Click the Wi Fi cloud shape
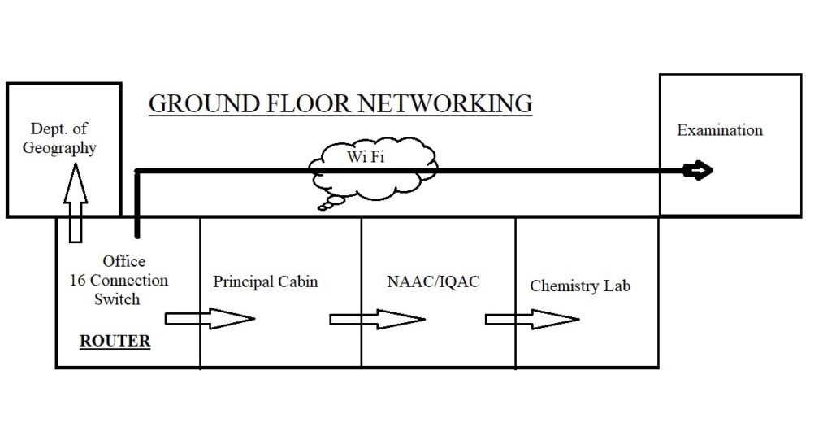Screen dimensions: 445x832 click(374, 171)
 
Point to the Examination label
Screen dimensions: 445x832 click(720, 130)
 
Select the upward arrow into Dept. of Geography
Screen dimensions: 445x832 click(75, 199)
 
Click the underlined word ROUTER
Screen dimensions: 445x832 click(115, 341)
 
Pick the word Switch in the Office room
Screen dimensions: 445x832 click(116, 299)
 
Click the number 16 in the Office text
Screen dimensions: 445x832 click(79, 280)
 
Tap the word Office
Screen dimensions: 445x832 click(124, 261)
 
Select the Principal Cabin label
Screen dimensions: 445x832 click(266, 281)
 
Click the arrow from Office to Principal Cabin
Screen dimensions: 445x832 click(210, 318)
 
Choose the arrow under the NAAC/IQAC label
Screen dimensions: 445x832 click(377, 318)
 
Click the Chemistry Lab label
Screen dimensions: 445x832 click(580, 286)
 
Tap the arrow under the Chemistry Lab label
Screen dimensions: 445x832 click(532, 318)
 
